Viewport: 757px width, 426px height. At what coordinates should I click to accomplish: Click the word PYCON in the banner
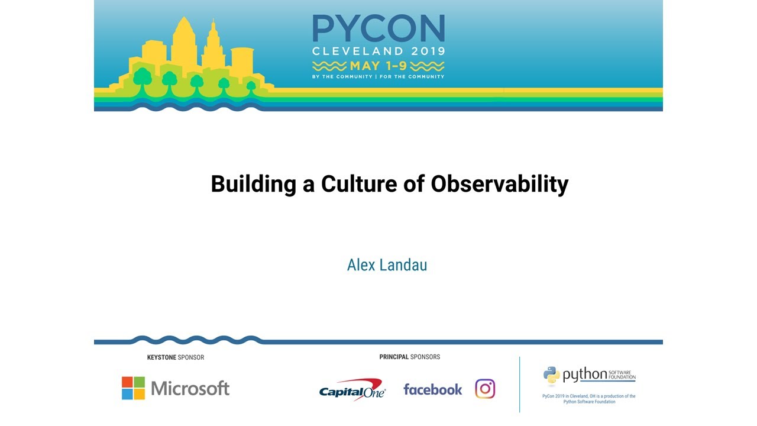click(378, 28)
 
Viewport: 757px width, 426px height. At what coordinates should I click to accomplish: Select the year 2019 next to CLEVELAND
click(424, 51)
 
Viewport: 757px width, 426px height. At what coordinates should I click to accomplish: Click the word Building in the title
click(253, 184)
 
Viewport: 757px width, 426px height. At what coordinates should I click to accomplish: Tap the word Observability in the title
click(499, 184)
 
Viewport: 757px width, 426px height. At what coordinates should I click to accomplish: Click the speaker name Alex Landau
click(387, 265)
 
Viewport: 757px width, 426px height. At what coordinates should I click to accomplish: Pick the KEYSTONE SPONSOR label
click(176, 357)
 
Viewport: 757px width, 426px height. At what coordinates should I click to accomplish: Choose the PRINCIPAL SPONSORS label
click(409, 357)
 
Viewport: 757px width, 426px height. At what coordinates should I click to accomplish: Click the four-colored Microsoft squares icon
click(133, 388)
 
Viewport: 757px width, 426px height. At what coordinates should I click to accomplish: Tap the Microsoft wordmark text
click(190, 388)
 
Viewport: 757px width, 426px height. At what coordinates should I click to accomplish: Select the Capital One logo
click(352, 390)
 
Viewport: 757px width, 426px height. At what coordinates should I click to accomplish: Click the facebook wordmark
click(432, 389)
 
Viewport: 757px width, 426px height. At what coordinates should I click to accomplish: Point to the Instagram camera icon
click(485, 389)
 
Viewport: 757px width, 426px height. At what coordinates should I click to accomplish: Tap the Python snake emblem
click(551, 375)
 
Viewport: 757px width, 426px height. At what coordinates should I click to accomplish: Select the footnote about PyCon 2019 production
click(588, 399)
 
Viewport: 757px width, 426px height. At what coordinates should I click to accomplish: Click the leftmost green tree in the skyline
click(142, 78)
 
